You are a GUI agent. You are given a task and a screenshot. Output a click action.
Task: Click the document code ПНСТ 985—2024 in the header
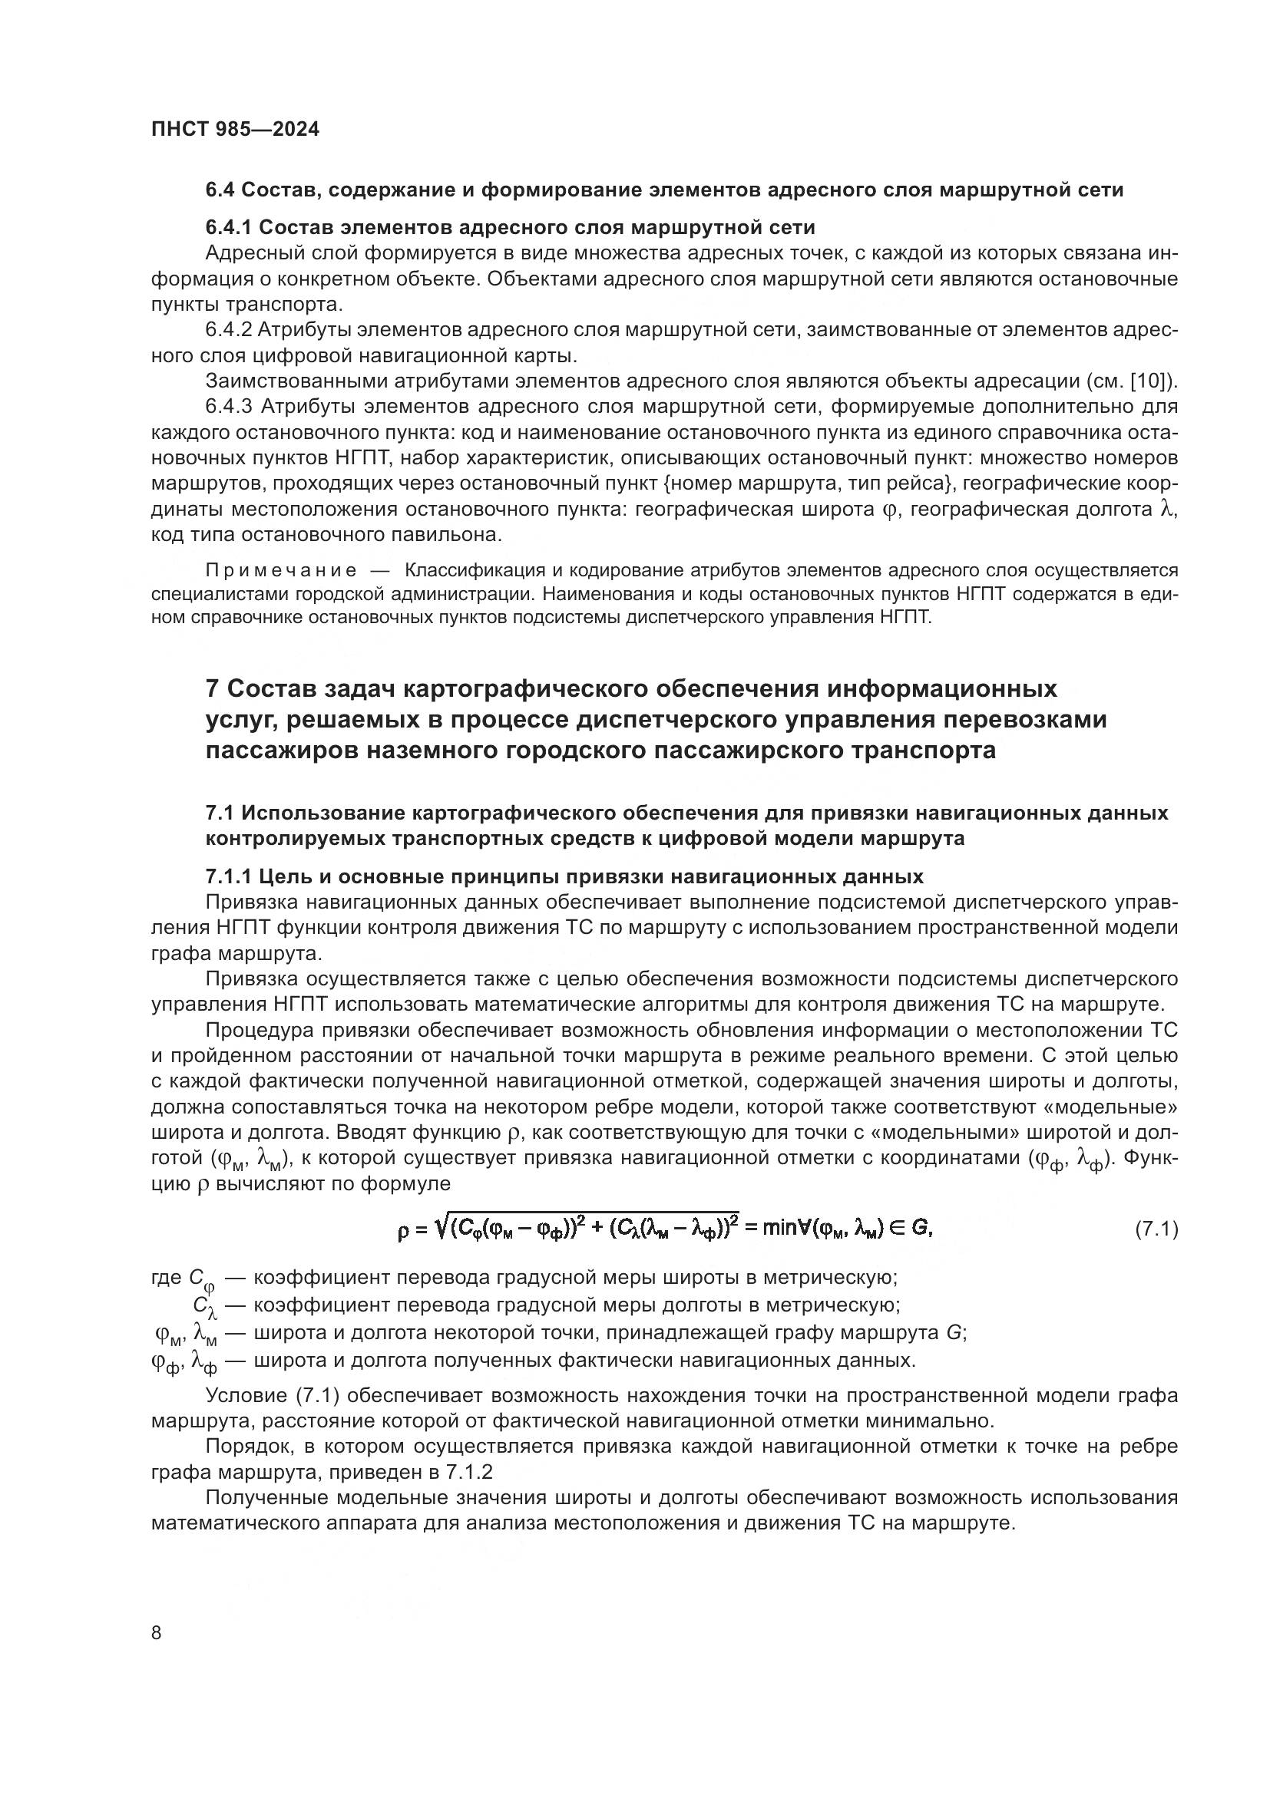pyautogui.click(x=236, y=130)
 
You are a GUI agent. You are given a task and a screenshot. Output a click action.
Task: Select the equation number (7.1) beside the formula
pyautogui.click(x=1156, y=1229)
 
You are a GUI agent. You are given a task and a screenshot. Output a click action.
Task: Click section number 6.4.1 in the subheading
pyautogui.click(x=228, y=227)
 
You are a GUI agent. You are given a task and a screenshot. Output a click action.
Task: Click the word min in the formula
pyautogui.click(x=779, y=1229)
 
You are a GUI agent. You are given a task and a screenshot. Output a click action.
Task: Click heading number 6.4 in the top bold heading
pyautogui.click(x=219, y=190)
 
